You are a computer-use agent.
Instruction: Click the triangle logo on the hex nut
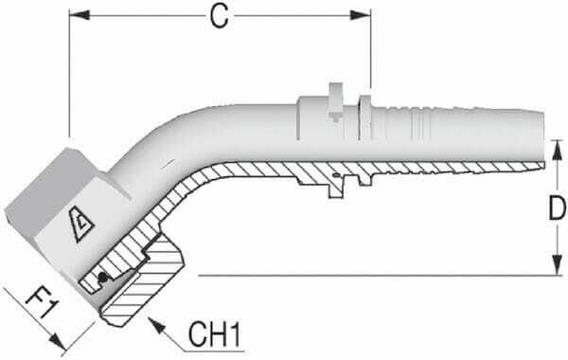tap(71, 224)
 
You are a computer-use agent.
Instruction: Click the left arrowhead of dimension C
tap(77, 16)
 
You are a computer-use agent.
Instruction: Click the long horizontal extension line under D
tap(379, 276)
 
